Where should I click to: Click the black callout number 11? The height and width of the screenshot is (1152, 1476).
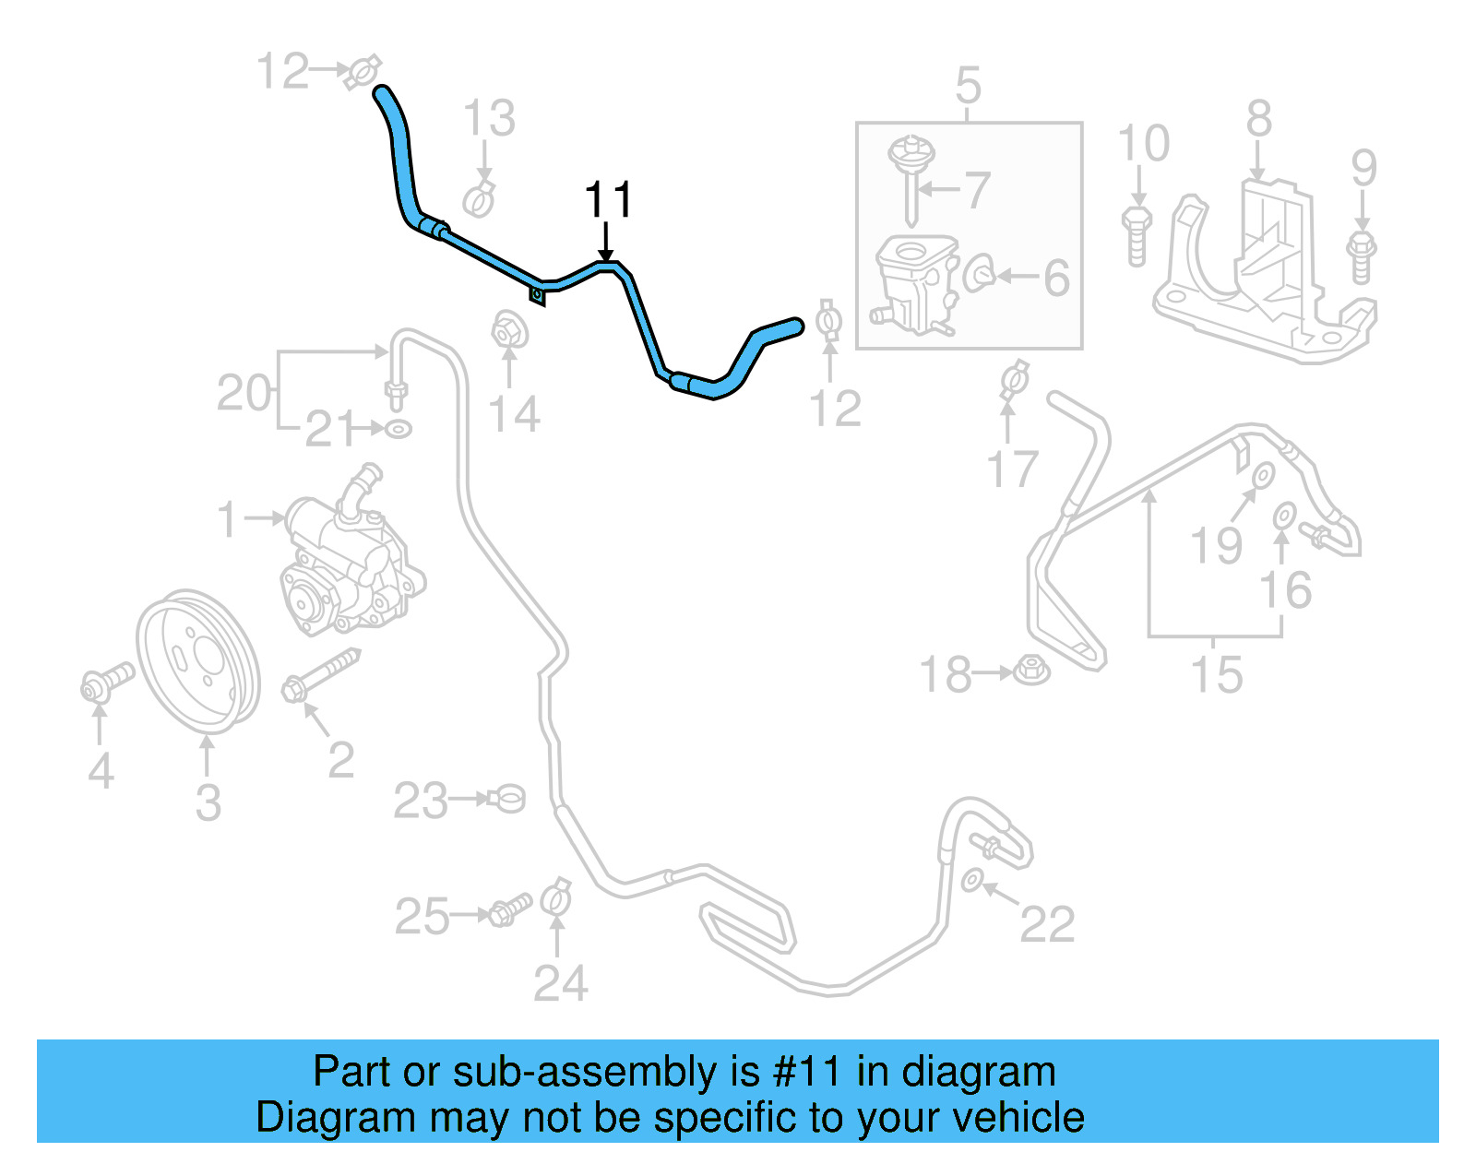(608, 200)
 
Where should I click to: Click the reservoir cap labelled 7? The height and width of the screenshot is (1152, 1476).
(911, 175)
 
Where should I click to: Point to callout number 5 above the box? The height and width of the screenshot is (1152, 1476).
(968, 86)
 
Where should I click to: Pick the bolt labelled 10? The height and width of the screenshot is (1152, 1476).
(1137, 234)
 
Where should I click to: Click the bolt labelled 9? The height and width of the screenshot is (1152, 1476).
(1362, 257)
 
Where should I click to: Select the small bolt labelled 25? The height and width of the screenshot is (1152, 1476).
(508, 909)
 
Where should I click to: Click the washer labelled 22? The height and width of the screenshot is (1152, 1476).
(971, 880)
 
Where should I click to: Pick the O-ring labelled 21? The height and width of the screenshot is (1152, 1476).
(398, 429)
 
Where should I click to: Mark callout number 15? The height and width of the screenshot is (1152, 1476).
(1217, 674)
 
